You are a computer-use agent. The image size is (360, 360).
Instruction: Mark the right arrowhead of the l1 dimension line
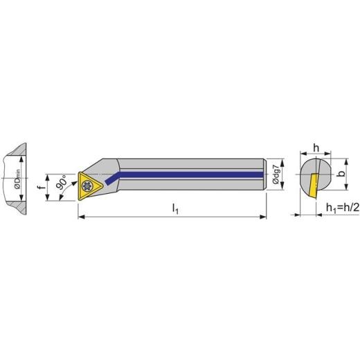263,217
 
